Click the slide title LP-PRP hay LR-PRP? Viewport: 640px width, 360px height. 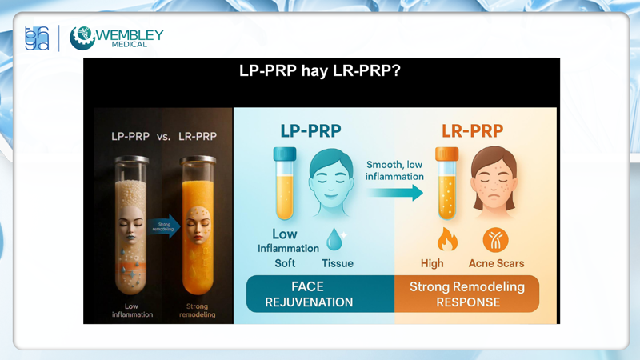point(320,70)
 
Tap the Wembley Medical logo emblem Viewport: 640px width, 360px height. point(82,38)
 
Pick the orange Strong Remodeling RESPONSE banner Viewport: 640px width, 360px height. point(467,294)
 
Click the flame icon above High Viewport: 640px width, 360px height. point(446,238)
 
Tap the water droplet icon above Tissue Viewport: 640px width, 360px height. point(335,238)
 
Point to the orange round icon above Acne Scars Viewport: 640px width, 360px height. point(495,239)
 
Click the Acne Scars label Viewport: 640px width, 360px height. point(495,263)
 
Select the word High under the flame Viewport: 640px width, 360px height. point(432,263)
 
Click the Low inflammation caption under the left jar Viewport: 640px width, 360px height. point(133,310)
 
